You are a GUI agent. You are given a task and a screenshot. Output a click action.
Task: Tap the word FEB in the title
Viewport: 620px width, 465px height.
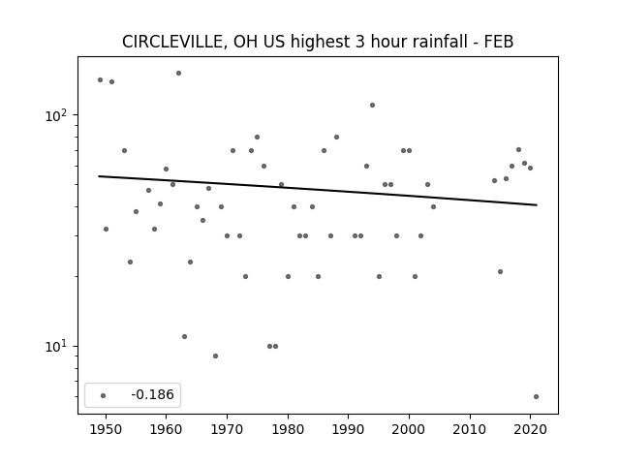click(x=499, y=42)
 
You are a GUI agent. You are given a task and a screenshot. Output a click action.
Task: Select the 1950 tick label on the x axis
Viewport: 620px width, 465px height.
click(x=106, y=430)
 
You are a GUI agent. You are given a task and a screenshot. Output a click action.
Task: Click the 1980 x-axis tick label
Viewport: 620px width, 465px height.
click(x=288, y=430)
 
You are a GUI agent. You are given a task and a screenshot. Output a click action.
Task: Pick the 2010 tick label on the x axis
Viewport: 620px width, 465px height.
click(x=470, y=430)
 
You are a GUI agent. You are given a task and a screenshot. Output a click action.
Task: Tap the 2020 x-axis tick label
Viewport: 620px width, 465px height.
click(x=531, y=430)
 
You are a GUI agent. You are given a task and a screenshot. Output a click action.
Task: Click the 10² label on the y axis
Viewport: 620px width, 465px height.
click(x=56, y=115)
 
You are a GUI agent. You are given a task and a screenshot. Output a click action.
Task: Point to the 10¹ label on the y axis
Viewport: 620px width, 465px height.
click(x=56, y=347)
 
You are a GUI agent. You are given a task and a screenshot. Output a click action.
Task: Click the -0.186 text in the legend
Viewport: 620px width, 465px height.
click(x=153, y=394)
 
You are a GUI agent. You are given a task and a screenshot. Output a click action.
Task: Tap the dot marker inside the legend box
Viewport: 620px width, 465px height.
click(x=104, y=395)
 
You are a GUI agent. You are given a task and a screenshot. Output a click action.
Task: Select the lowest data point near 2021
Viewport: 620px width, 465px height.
click(x=536, y=396)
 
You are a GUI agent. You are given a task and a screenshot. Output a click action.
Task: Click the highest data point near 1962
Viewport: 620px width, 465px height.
click(x=178, y=74)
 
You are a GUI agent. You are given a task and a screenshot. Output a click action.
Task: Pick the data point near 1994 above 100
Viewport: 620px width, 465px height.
click(x=372, y=106)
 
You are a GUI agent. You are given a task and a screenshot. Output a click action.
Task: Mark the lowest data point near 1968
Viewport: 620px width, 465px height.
click(x=215, y=356)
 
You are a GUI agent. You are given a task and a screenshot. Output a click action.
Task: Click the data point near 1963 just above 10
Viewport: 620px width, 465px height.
click(x=185, y=336)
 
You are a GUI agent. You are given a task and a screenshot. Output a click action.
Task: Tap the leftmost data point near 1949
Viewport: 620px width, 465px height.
click(x=101, y=79)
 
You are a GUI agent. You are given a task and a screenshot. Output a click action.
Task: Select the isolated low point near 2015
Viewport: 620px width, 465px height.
click(x=500, y=271)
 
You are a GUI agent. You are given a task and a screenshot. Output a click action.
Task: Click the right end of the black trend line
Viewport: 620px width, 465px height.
click(x=537, y=204)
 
